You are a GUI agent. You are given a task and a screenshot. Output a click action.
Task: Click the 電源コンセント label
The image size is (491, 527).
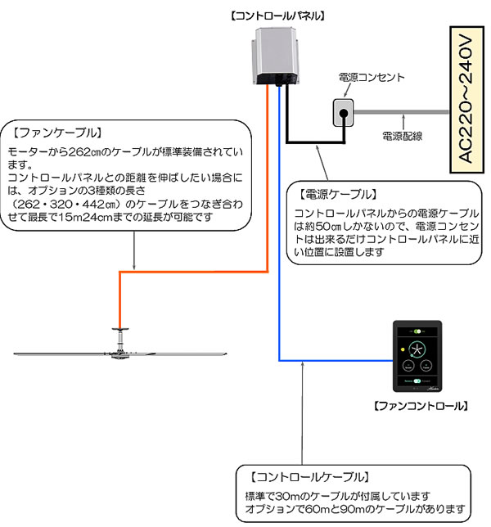click(372, 78)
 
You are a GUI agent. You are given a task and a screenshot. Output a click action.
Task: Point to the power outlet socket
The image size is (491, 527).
click(344, 114)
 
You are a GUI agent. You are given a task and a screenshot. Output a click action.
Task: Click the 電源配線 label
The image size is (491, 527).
click(403, 135)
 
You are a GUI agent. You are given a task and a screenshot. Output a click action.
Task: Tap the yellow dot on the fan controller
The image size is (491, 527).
click(402, 349)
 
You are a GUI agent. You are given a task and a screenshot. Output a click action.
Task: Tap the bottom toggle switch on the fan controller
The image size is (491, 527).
click(418, 381)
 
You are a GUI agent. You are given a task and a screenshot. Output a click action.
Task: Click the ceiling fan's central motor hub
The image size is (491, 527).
click(120, 352)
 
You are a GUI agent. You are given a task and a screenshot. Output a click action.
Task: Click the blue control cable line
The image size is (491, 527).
click(280, 245)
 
